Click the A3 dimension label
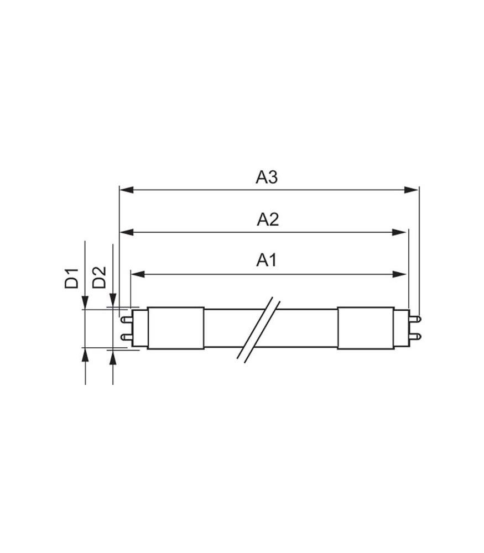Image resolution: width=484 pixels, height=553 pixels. coord(267,177)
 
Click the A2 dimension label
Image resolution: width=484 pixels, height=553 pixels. coord(268,220)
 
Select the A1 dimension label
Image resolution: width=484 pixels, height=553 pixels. coord(267,260)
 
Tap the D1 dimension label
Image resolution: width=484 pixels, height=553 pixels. coord(71,278)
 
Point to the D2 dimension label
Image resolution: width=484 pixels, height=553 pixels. coord(100,277)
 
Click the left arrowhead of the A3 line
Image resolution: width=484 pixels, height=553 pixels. coord(127,190)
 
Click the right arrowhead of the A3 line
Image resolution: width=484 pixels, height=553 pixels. coord(412,190)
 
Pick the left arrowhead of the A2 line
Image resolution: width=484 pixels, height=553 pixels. coord(127,232)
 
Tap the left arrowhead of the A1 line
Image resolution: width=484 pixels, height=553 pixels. coord(138,274)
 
